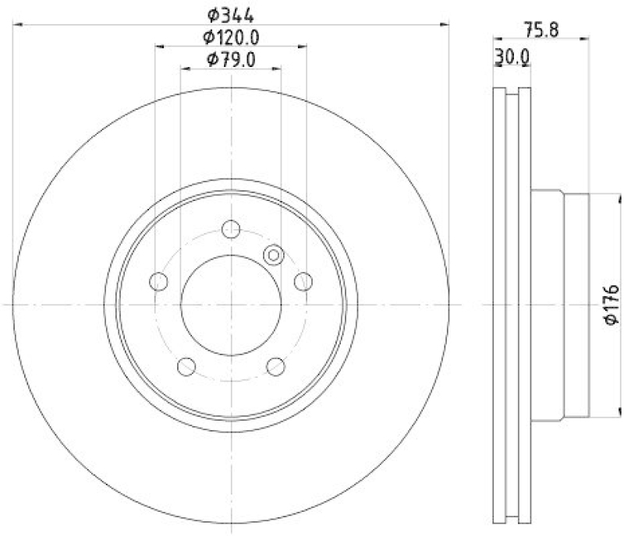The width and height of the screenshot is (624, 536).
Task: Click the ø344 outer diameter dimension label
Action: [231, 14]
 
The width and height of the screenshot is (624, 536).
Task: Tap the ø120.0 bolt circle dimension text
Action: [231, 37]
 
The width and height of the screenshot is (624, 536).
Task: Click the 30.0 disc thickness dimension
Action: [512, 57]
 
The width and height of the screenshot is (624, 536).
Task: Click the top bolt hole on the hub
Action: [231, 229]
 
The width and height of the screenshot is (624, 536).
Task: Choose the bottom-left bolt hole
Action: [186, 365]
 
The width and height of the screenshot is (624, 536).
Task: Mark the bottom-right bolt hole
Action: [275, 365]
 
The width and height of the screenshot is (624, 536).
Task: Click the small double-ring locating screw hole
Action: [273, 254]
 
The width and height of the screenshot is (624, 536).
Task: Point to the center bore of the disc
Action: [231, 305]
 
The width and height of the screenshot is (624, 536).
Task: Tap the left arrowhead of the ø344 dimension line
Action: [17, 26]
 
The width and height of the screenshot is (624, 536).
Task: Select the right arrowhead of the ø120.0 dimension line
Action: [303, 48]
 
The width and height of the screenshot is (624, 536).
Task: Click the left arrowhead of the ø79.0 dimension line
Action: [184, 69]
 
